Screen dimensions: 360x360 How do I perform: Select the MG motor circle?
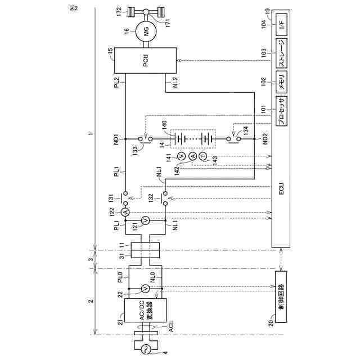(x=146, y=32)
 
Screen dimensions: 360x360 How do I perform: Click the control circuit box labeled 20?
(x=280, y=295)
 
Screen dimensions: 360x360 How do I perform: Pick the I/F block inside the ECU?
(x=281, y=24)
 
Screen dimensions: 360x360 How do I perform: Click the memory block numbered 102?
(x=281, y=79)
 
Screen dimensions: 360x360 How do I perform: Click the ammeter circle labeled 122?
(x=126, y=211)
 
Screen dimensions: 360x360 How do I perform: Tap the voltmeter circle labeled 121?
(x=145, y=221)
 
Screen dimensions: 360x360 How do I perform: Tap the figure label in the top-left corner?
(x=73, y=7)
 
